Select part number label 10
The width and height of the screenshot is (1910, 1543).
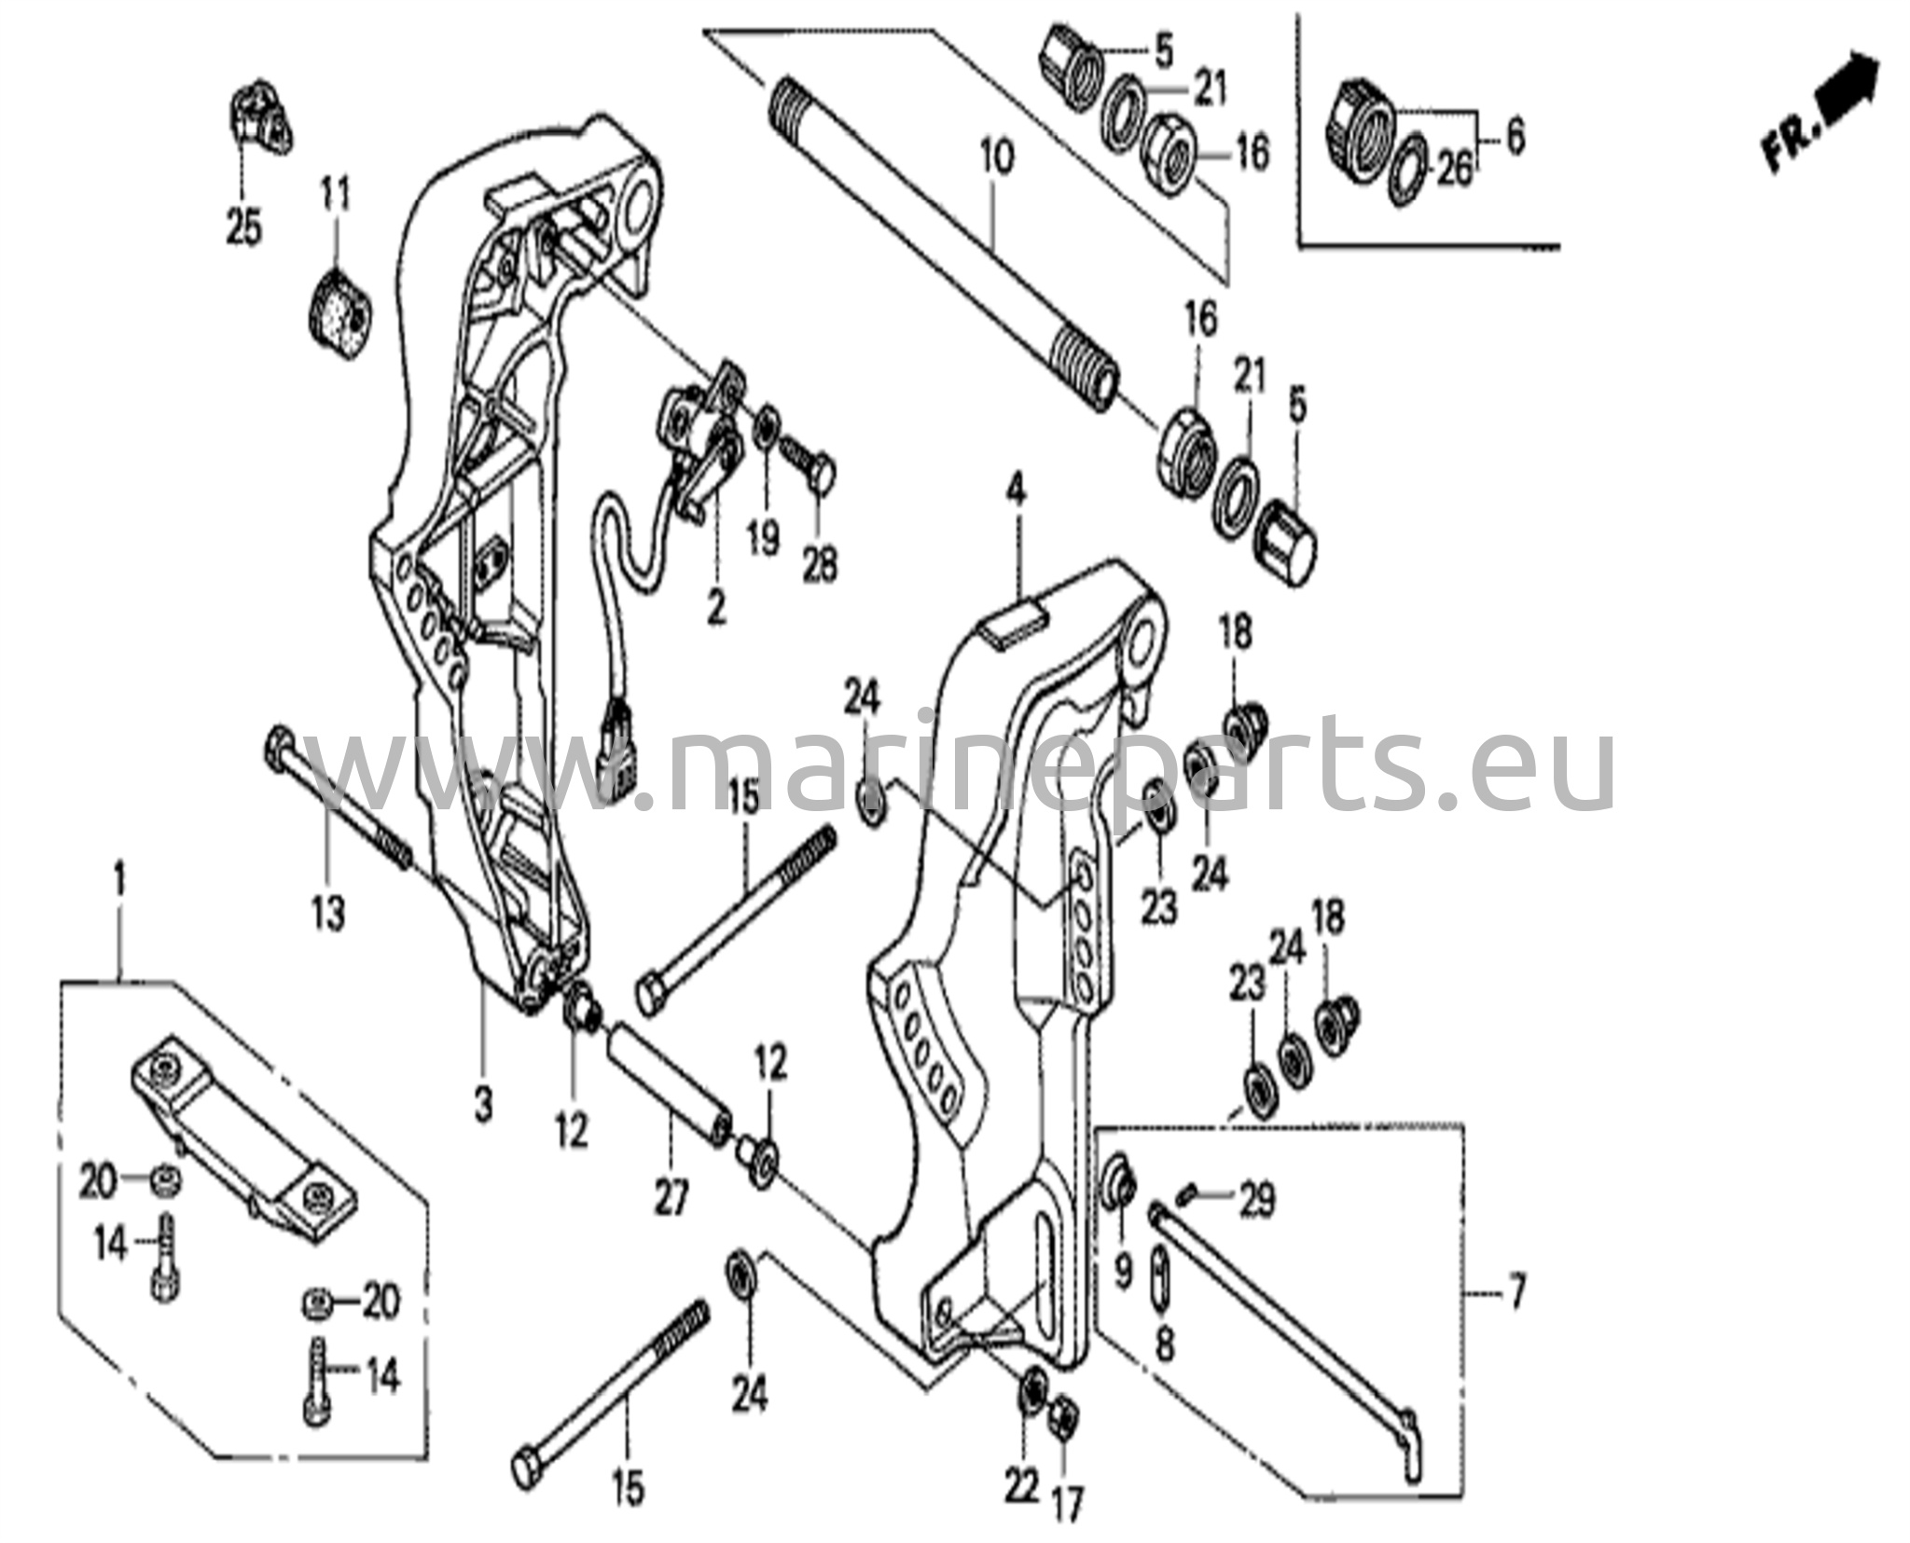(995, 159)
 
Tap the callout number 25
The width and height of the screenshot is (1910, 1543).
(244, 227)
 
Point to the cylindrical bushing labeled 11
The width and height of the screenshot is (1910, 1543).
(339, 313)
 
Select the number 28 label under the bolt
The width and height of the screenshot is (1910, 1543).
(821, 564)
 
